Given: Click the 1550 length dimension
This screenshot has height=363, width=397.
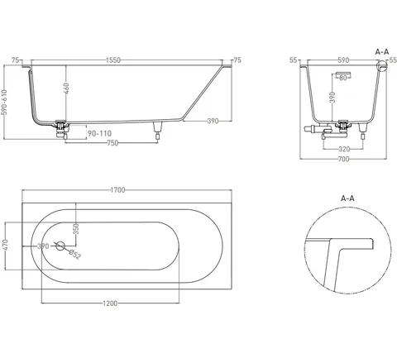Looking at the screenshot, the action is (113, 60).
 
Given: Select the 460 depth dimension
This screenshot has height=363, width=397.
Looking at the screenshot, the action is (66, 88).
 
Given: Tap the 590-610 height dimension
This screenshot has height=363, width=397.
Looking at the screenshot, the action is (5, 103).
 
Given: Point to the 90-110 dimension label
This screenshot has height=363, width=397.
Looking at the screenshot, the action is (99, 133).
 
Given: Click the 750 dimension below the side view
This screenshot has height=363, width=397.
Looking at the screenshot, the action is (112, 143).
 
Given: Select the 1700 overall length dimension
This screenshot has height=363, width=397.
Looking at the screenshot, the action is (117, 190).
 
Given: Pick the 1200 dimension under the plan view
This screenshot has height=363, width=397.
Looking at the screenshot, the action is (110, 303).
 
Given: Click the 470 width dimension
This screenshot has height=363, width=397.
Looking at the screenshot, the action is (5, 246).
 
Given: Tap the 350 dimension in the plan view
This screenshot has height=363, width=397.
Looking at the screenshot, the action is (76, 229).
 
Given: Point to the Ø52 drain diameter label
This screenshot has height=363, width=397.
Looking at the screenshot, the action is (74, 254).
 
